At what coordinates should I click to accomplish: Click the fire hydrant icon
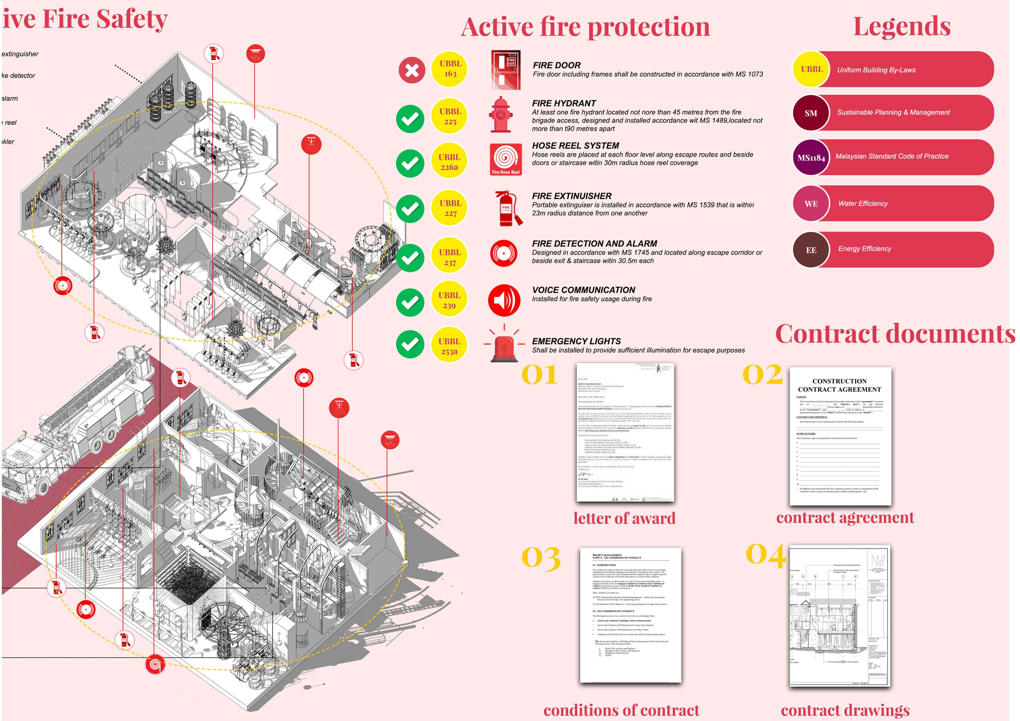[501, 115]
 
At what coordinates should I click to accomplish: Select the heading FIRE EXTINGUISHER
[572, 196]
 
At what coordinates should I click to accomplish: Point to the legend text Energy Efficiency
[865, 249]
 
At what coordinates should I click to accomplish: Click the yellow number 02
[762, 375]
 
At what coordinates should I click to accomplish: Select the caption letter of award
[624, 518]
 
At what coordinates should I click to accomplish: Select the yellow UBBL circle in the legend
[811, 69]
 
